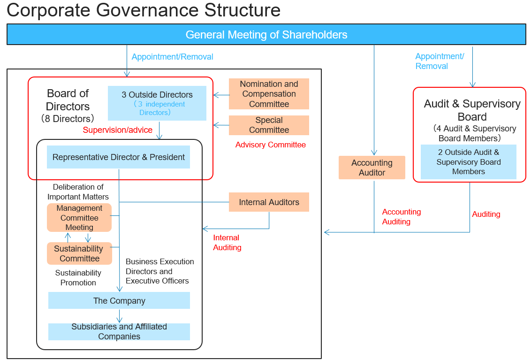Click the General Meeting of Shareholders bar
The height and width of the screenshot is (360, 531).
point(266,35)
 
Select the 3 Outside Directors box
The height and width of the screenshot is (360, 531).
point(157,103)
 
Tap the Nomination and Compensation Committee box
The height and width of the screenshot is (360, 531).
point(269,94)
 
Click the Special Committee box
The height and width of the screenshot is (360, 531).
point(269,125)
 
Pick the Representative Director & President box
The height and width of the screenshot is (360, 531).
point(118,157)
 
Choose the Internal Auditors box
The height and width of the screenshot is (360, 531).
point(269,202)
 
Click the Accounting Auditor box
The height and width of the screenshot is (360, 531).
point(372,168)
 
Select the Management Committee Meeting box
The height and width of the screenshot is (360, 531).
point(79,218)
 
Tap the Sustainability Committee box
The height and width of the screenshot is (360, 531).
point(79,253)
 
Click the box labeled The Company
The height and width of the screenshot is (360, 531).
point(119,300)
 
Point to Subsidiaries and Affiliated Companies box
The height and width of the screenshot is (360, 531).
point(119,331)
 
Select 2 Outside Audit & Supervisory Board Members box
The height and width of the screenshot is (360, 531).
point(468,162)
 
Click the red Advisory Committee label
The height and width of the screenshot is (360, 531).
point(270,145)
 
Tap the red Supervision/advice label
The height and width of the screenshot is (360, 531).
point(117,130)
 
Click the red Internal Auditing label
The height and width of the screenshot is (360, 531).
point(227,243)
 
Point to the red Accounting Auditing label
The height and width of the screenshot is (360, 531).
point(401,217)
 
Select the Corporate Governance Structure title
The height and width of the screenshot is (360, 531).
point(144,10)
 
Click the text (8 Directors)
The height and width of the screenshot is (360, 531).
point(68,119)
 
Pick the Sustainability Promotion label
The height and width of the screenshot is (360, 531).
point(78,277)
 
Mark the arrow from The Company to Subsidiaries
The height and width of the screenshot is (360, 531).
point(119,316)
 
